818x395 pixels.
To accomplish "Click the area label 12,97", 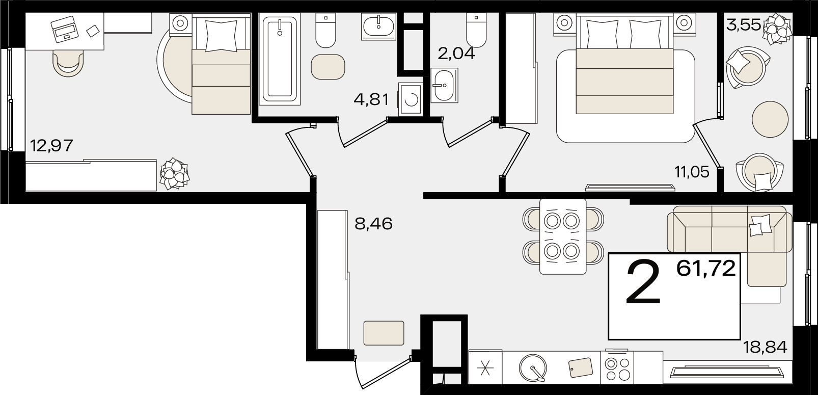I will [x=51, y=146].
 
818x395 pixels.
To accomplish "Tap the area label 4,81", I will [x=371, y=99].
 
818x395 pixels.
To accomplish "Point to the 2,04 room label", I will [x=456, y=53].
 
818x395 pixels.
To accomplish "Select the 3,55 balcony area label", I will [x=743, y=24].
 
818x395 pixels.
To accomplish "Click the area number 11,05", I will [x=692, y=172].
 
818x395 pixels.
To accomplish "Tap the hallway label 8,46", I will [x=373, y=223].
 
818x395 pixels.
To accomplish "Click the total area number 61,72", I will [x=706, y=268].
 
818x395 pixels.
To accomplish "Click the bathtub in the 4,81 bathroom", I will [x=279, y=59].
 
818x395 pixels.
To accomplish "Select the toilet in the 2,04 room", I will [x=476, y=30].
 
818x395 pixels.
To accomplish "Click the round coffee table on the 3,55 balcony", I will [x=770, y=119].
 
